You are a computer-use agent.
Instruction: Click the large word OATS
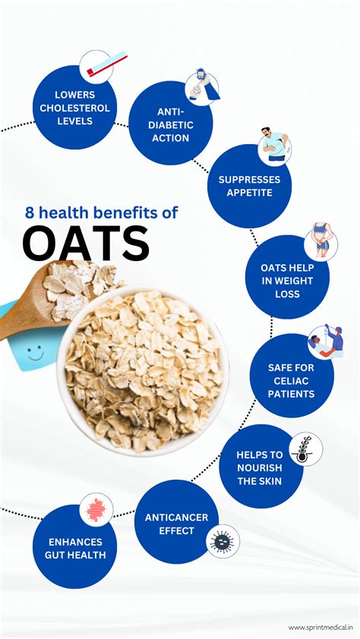point(85,244)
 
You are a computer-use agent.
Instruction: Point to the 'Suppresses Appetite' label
point(249,186)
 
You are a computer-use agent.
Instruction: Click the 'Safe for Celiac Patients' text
point(290,379)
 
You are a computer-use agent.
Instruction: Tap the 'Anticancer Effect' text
point(176,524)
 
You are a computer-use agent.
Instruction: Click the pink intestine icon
point(96,510)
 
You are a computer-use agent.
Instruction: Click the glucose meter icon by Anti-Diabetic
point(201,85)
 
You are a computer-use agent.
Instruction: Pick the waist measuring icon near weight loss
point(321,240)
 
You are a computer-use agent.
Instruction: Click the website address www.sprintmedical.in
point(321,627)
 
